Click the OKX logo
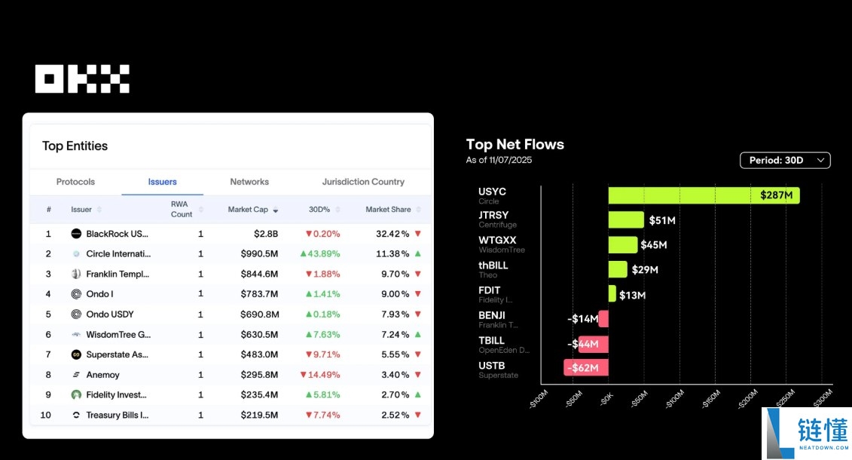(x=82, y=78)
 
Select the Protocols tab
(x=75, y=182)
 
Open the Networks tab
(x=249, y=182)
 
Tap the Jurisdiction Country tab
(x=363, y=182)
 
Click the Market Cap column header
(x=248, y=210)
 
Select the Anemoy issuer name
(x=102, y=375)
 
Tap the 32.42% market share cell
(x=392, y=234)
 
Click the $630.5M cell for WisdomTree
(x=259, y=335)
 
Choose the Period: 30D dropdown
(x=785, y=160)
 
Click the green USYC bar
(x=704, y=195)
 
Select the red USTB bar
(x=586, y=368)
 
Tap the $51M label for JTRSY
(x=661, y=220)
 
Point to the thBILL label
(x=493, y=265)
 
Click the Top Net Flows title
(x=515, y=145)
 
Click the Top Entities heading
(x=75, y=146)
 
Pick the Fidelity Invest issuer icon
(x=76, y=394)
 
